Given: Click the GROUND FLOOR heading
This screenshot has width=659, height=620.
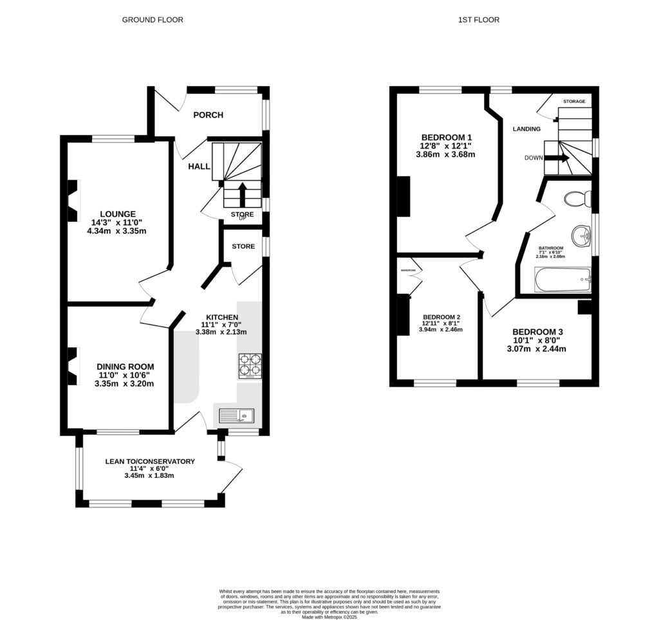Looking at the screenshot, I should (x=153, y=20).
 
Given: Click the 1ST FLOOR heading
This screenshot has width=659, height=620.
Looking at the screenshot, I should (x=478, y=20).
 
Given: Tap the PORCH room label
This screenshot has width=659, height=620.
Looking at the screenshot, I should (x=208, y=115).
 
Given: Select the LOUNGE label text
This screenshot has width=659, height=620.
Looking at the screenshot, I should (x=117, y=214).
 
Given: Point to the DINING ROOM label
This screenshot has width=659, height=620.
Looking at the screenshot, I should (x=125, y=367).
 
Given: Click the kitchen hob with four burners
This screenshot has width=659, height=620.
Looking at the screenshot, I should (x=250, y=365).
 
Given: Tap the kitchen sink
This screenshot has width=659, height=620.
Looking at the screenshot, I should (x=237, y=416).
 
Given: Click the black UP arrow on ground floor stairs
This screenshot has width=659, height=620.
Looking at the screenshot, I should (x=243, y=194).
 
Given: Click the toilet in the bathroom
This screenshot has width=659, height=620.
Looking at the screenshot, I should (x=576, y=199).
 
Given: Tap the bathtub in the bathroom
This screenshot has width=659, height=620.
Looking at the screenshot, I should (x=562, y=280).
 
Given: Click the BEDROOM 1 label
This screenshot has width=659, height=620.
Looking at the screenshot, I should (x=447, y=137).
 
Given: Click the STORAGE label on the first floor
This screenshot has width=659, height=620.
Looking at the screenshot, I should (x=574, y=102).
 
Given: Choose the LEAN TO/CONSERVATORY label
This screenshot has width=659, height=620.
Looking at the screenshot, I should (x=149, y=461).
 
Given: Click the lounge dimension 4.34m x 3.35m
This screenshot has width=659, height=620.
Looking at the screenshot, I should (x=117, y=231).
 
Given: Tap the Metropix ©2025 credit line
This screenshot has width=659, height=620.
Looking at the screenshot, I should (x=329, y=617).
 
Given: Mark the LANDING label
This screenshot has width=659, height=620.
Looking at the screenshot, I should (x=526, y=129).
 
